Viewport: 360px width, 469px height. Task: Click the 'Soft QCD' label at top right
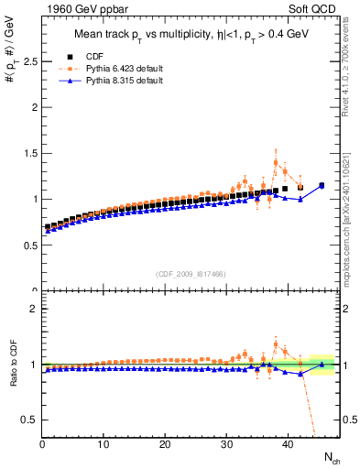click(314, 10)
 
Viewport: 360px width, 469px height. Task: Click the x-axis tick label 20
click(165, 445)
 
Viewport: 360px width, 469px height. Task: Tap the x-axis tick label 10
click(104, 445)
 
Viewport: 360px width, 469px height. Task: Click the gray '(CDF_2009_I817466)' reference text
click(191, 274)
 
